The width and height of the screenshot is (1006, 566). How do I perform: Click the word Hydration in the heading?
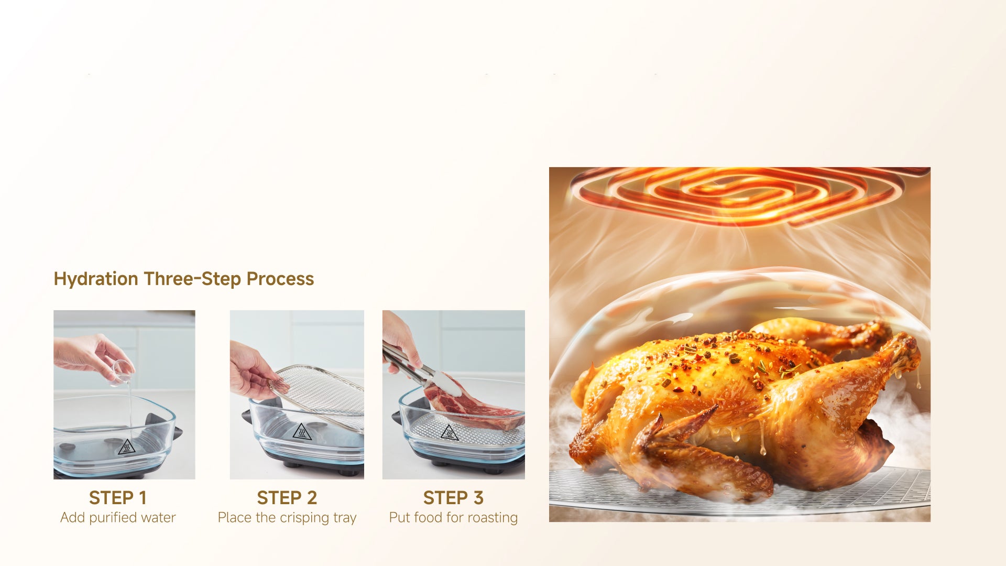96,279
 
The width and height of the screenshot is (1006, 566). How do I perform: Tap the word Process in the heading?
280,279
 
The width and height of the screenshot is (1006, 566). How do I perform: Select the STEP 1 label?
117,497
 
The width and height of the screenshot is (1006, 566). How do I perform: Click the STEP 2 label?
287,497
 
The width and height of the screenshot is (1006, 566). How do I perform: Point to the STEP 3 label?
453,497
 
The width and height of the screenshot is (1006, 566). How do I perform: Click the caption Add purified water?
118,518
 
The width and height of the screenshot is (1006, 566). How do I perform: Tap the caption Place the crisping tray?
287,518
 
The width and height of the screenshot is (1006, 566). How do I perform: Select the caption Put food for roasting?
453,518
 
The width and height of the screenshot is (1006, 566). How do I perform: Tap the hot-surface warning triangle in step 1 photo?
126,447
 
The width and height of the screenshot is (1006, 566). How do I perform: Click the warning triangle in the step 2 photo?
302,432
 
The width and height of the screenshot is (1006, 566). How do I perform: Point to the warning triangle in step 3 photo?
449,432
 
